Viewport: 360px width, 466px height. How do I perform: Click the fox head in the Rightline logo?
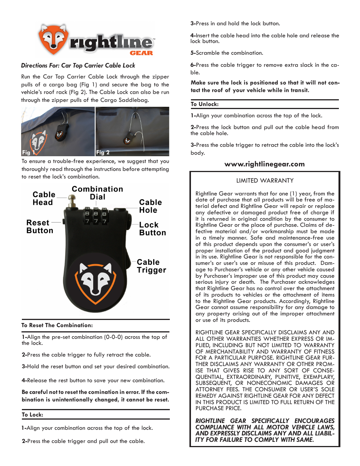pyautogui.click(x=53, y=39)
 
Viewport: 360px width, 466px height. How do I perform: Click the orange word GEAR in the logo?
pyautogui.click(x=142, y=53)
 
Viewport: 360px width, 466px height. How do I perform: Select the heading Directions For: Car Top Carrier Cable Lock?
pyautogui.click(x=78, y=66)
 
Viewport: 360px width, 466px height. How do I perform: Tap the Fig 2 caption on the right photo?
pyautogui.click(x=103, y=152)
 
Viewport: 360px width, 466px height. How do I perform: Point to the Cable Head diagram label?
pyautogui.click(x=44, y=198)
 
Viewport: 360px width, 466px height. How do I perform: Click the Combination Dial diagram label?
pyautogui.click(x=97, y=193)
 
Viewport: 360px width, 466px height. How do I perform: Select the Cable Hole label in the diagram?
pyautogui.click(x=150, y=206)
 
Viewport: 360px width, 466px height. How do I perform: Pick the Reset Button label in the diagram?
pyautogui.click(x=40, y=227)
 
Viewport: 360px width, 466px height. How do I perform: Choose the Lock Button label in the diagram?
pyautogui.click(x=152, y=229)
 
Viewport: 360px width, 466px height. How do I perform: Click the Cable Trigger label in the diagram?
pyautogui.click(x=151, y=266)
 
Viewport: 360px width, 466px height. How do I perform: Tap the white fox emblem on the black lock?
pyautogui.click(x=95, y=281)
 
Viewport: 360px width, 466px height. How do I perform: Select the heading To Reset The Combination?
pyautogui.click(x=57, y=325)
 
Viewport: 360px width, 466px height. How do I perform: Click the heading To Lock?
pyautogui.click(x=32, y=415)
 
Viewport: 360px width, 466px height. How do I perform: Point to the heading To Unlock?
pyautogui.click(x=205, y=104)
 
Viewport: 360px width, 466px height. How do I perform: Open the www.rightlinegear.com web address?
pyautogui.click(x=265, y=164)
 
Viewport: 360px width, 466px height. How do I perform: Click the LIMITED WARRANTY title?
pyautogui.click(x=265, y=181)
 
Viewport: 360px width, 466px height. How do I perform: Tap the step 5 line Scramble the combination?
pyautogui.click(x=227, y=53)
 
